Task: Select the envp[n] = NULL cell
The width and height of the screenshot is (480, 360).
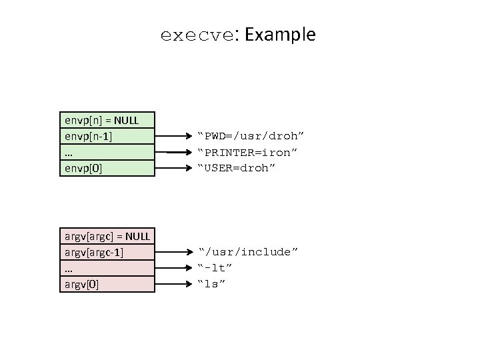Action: (x=107, y=120)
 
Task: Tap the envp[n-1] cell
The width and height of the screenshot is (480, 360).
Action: (x=107, y=136)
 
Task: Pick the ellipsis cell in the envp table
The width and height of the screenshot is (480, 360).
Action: (x=107, y=152)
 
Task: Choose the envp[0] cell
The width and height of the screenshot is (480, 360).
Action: (x=107, y=168)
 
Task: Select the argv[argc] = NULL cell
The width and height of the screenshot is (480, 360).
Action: (x=107, y=236)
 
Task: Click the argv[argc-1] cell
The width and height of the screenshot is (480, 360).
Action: (x=107, y=252)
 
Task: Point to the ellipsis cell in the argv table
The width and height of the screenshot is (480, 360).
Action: (x=107, y=268)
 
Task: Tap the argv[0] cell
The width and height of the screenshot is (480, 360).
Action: (x=107, y=284)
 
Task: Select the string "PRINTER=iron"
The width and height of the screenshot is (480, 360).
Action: (x=247, y=153)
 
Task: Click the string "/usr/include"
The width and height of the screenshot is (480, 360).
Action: (x=249, y=252)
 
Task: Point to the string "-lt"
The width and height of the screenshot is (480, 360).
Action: (x=215, y=268)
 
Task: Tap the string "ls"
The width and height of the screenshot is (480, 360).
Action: (x=212, y=284)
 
